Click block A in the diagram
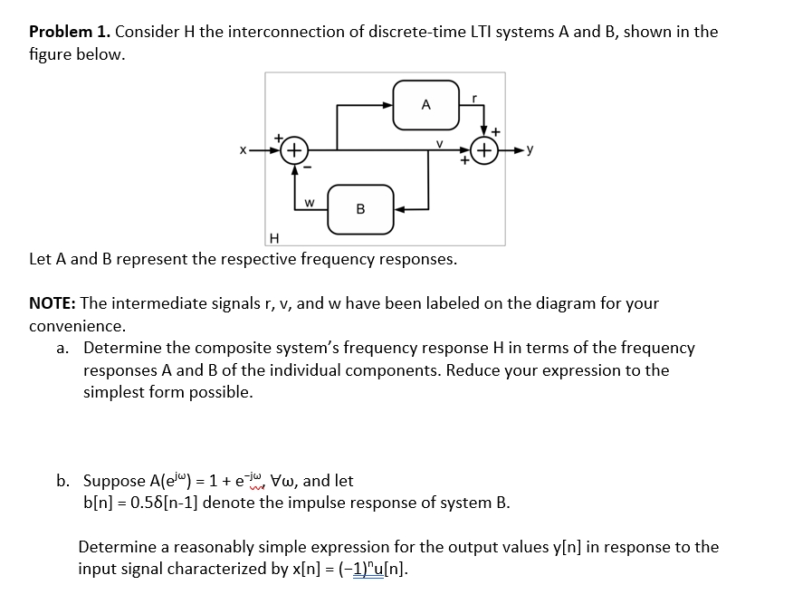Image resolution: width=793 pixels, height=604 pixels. pos(425,104)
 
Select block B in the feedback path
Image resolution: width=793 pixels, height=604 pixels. pos(360,209)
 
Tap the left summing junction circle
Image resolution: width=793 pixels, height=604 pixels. pos(294,150)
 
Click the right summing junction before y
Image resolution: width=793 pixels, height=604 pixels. pos(486,150)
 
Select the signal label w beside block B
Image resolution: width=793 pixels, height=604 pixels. pos(310,201)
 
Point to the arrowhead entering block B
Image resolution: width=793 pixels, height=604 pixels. pos(398,209)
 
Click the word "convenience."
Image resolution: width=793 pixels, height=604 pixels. pos(77,325)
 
